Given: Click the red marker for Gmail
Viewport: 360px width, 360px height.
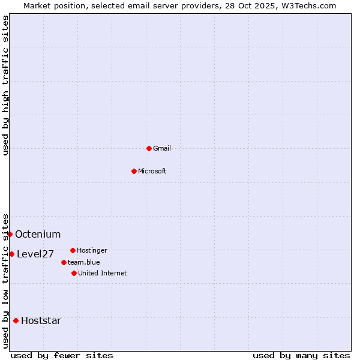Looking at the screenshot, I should tap(149, 148).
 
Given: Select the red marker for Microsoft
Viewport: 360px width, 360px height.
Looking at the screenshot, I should tap(134, 171).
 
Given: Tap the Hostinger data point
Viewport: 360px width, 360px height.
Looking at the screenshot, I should tap(73, 250).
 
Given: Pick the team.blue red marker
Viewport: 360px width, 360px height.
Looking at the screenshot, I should tap(64, 262).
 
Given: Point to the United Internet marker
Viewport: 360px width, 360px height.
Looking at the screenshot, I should tap(74, 273).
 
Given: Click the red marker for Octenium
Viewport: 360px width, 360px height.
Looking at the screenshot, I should tap(10, 234).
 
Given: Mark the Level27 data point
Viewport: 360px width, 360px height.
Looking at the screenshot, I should tap(11, 254).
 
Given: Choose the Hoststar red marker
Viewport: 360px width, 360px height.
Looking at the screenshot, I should tap(16, 320).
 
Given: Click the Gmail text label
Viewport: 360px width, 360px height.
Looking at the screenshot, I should tap(162, 148).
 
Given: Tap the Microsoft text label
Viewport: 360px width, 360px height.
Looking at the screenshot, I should tap(152, 171).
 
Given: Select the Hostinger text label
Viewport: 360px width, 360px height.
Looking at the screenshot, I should tap(92, 250).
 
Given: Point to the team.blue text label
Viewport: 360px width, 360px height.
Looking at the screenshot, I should tap(84, 262).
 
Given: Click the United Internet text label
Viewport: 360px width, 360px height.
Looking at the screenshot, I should tap(103, 273).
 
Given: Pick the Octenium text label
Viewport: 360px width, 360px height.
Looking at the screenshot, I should tap(38, 234).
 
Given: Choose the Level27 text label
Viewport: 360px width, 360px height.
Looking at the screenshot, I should tap(35, 254).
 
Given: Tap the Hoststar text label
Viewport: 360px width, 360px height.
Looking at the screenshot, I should tap(41, 320).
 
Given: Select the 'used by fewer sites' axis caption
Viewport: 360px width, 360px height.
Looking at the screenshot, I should tap(62, 355).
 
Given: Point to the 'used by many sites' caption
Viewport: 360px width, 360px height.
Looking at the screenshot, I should tap(301, 355).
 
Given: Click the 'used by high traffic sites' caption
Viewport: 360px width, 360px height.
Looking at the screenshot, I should tap(5, 85).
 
